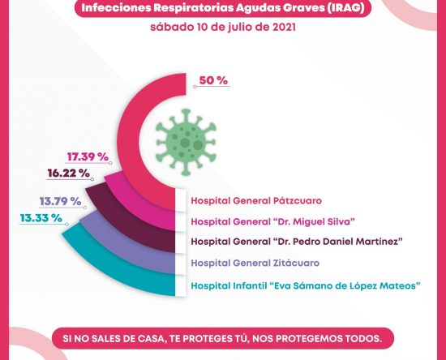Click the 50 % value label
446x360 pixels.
point(213,80)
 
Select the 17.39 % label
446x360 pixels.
point(88,156)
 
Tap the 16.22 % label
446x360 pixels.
point(69,173)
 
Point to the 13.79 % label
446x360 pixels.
point(60,201)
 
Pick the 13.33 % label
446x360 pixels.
point(41,218)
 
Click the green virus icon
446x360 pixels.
point(186,142)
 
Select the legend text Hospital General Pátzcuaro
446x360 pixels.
point(256,200)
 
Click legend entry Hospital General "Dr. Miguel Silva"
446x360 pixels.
point(273,221)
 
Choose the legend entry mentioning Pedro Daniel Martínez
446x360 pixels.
point(297,242)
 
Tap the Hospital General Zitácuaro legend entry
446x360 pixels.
point(255,263)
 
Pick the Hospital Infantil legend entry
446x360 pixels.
point(306,285)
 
